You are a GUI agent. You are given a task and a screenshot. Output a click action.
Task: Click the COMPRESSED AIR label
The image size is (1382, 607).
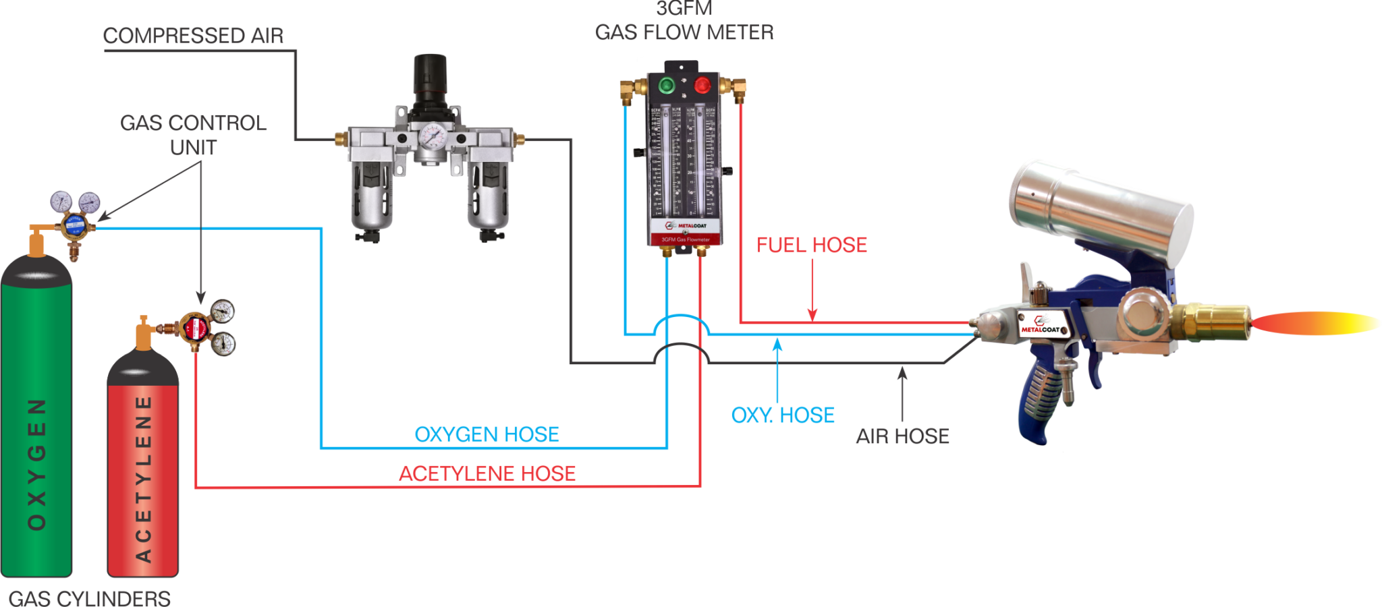193,35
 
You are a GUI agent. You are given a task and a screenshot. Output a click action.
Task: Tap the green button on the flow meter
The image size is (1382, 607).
667,85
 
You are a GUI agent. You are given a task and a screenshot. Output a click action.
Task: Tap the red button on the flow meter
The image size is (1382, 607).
702,85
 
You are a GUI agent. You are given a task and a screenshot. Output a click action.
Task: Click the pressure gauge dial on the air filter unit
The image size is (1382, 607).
432,138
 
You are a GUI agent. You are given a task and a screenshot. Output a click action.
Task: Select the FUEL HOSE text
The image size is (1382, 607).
812,245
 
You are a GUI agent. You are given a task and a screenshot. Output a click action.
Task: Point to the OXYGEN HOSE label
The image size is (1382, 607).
487,434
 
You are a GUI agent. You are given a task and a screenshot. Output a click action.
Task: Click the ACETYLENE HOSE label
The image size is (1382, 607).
487,473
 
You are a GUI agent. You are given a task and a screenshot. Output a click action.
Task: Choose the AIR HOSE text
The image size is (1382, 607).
902,436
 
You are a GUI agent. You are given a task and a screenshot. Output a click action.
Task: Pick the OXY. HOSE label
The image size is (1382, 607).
783,415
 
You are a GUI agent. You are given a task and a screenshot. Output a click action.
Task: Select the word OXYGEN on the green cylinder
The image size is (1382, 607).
37,464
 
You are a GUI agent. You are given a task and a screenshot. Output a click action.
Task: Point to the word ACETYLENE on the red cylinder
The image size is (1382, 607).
143,479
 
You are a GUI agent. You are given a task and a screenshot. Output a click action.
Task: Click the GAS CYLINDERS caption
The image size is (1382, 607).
89,598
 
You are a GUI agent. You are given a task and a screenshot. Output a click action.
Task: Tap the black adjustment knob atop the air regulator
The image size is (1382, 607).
430,74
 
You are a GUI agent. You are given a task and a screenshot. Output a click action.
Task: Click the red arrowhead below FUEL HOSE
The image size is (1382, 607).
812,314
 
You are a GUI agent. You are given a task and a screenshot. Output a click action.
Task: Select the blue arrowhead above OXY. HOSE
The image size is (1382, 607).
777,344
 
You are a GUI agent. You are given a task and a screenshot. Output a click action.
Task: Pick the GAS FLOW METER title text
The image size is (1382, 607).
684,32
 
